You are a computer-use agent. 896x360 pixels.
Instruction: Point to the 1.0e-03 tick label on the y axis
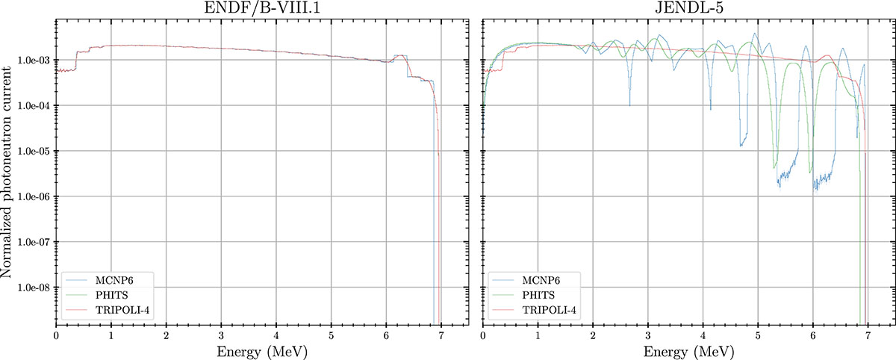34,60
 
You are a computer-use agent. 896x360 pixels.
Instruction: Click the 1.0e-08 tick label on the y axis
34,288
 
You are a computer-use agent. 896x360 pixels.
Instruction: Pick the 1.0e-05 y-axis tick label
34,152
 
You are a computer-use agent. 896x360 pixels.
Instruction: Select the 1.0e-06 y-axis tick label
34,197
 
